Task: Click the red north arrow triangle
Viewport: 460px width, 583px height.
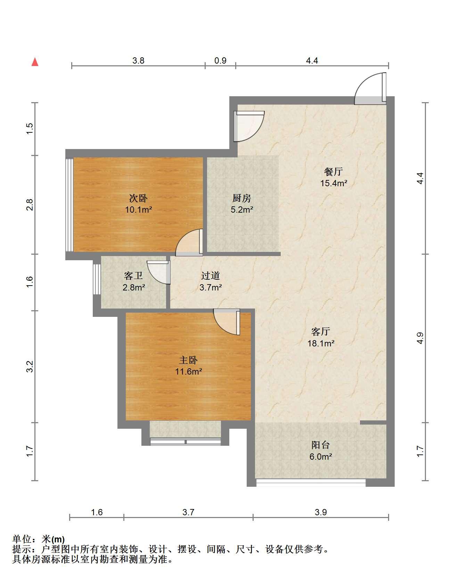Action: point(35,62)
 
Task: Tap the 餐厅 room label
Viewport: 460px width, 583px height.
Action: point(333,171)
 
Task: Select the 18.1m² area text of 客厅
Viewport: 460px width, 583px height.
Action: point(321,343)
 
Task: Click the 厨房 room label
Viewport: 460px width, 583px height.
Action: point(241,198)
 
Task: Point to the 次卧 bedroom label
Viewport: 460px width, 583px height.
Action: point(138,198)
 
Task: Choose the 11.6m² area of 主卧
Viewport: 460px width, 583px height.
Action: point(188,371)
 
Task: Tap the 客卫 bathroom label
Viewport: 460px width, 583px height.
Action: point(133,276)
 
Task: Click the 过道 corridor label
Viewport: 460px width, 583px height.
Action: point(211,276)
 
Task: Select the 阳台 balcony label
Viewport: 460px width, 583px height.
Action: point(320,445)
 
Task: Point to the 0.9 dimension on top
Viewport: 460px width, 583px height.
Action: point(220,60)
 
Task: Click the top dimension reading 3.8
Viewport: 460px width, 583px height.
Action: point(138,60)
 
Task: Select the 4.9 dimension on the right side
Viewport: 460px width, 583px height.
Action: point(420,338)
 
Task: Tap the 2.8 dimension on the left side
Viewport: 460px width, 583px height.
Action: point(30,204)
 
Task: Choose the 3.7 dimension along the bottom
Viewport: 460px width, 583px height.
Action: point(188,512)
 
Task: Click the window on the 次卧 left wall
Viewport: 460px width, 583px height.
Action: point(69,205)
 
